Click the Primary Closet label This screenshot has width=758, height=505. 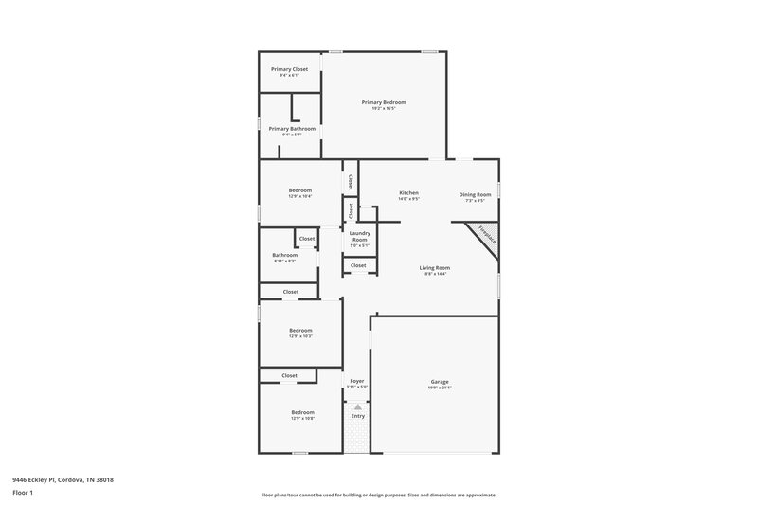click(x=289, y=69)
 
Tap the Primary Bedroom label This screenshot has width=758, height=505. click(x=384, y=101)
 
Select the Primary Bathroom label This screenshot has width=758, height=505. click(x=292, y=129)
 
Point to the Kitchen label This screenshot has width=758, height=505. click(x=408, y=193)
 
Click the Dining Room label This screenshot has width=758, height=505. click(x=476, y=193)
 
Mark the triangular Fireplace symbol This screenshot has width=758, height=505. click(x=483, y=236)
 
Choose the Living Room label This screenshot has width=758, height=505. click(x=435, y=268)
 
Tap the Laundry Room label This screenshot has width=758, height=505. click(x=359, y=236)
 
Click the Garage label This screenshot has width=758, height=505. click(x=439, y=382)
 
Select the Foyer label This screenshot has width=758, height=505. click(x=357, y=381)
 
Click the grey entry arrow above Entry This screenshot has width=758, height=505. click(x=358, y=406)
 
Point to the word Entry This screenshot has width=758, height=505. click(x=358, y=416)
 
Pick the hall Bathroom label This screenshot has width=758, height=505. click(x=285, y=254)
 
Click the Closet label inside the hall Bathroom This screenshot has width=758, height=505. click(x=307, y=239)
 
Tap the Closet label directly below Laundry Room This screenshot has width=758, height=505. click(x=358, y=265)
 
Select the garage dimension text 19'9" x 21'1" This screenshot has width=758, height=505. click(x=439, y=388)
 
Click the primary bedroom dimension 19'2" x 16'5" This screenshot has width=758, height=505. click(x=384, y=109)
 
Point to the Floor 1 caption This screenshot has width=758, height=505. click(x=24, y=494)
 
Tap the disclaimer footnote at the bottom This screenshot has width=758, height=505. click(x=378, y=495)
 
